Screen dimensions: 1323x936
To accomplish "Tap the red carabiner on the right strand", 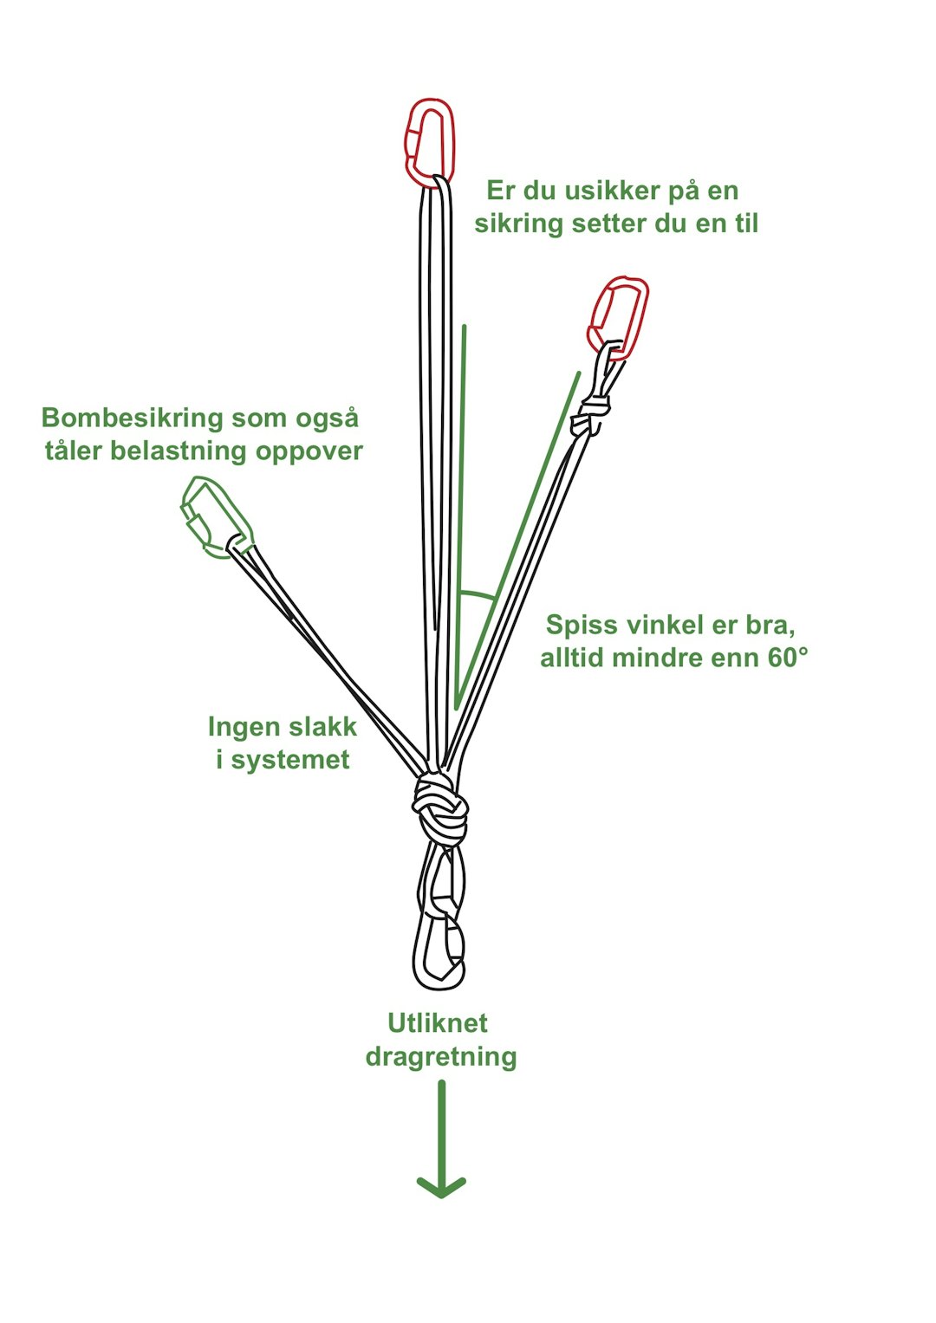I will (619, 317).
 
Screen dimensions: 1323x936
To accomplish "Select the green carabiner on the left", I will (216, 518).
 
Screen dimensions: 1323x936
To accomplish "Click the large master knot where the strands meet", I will (440, 809).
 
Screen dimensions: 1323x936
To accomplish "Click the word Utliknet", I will (438, 1023).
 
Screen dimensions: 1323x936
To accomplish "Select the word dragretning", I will (441, 1057).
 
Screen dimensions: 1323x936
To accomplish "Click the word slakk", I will (321, 727).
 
